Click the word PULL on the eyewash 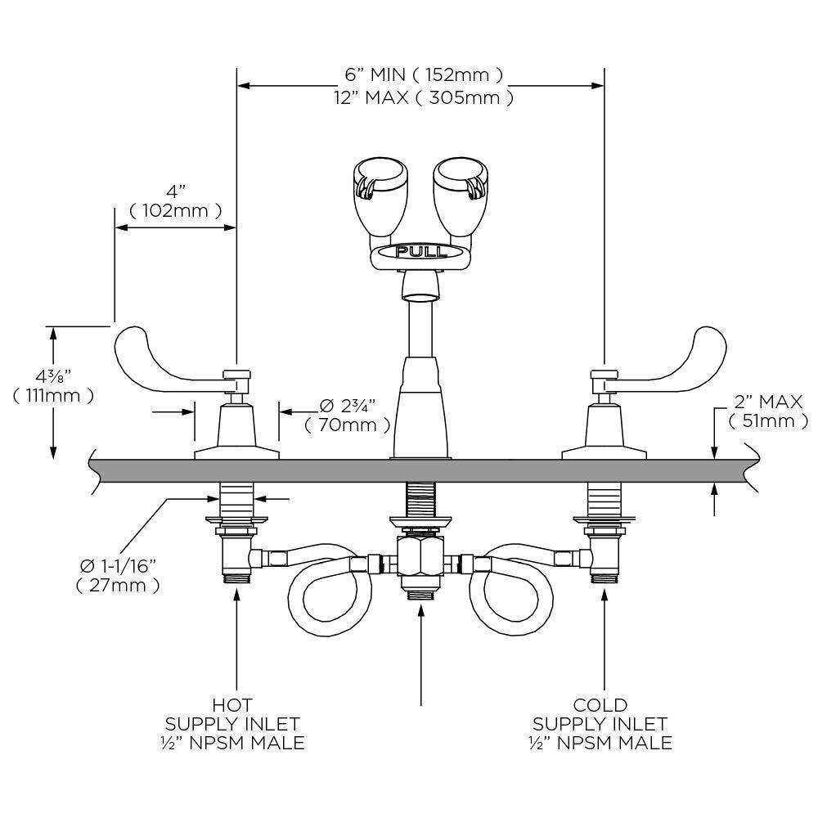(x=421, y=251)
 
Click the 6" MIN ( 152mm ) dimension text (x=423, y=75)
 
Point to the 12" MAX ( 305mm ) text (x=423, y=98)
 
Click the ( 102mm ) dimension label (x=175, y=211)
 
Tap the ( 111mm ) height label (x=53, y=396)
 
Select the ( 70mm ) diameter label (x=348, y=425)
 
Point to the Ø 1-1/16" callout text (x=118, y=565)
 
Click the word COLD (x=600, y=705)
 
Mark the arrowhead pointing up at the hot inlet (x=237, y=595)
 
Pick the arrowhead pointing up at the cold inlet (x=605, y=595)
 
